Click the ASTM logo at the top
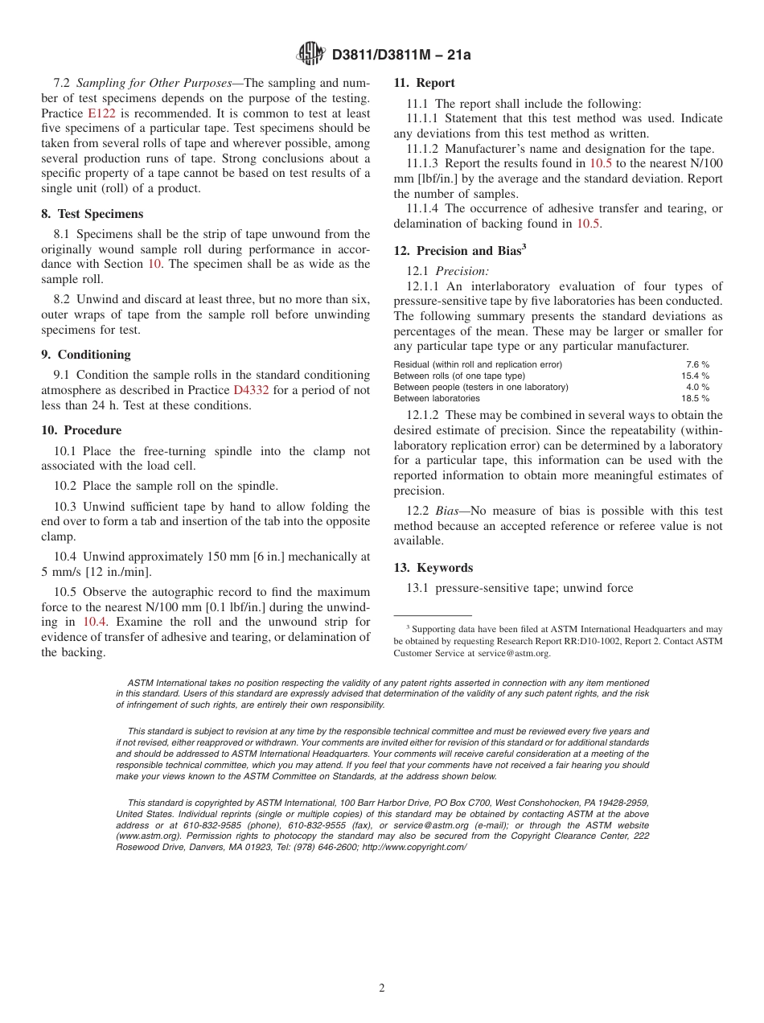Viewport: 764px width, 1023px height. tap(310, 54)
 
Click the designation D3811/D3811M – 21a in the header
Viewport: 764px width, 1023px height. tap(400, 55)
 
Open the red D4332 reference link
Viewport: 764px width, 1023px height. tap(251, 390)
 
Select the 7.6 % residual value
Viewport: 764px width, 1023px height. tap(697, 364)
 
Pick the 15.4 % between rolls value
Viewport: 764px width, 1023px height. tap(695, 376)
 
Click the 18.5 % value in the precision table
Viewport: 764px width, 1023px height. tap(695, 398)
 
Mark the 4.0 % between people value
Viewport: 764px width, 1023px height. tap(697, 387)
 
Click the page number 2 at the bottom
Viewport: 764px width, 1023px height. tap(382, 988)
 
